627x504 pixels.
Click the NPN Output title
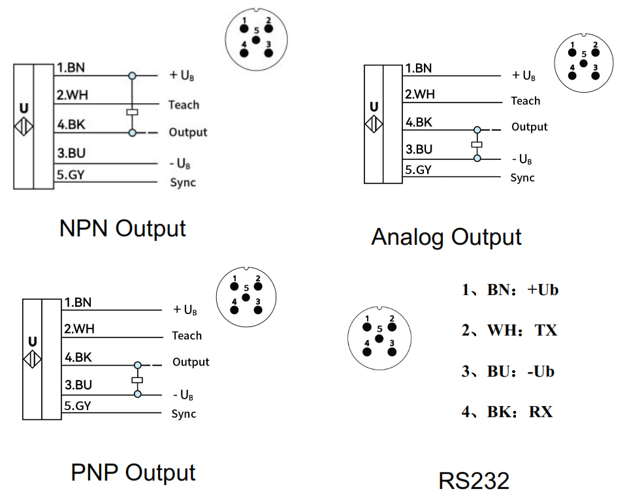pos(122,228)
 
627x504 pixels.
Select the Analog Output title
pos(446,236)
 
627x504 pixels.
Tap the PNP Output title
pos(133,473)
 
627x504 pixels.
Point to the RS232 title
pos(474,481)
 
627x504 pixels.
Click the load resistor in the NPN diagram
pos(133,112)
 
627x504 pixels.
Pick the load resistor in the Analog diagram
pos(477,144)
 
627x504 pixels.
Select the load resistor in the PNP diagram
pos(137,380)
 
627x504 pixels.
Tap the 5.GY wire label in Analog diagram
pos(418,170)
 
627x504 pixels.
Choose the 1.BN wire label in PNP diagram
pos(78,302)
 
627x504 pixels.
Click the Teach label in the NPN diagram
pos(184,104)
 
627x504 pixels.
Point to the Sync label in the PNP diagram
pos(184,413)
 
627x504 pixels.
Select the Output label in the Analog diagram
pos(529,127)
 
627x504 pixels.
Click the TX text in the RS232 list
pos(545,330)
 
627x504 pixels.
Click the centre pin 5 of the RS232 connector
pos(379,339)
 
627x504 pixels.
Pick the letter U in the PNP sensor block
pos(32,341)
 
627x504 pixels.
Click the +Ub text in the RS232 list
pos(543,290)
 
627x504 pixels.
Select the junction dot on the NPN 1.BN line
pos(133,76)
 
